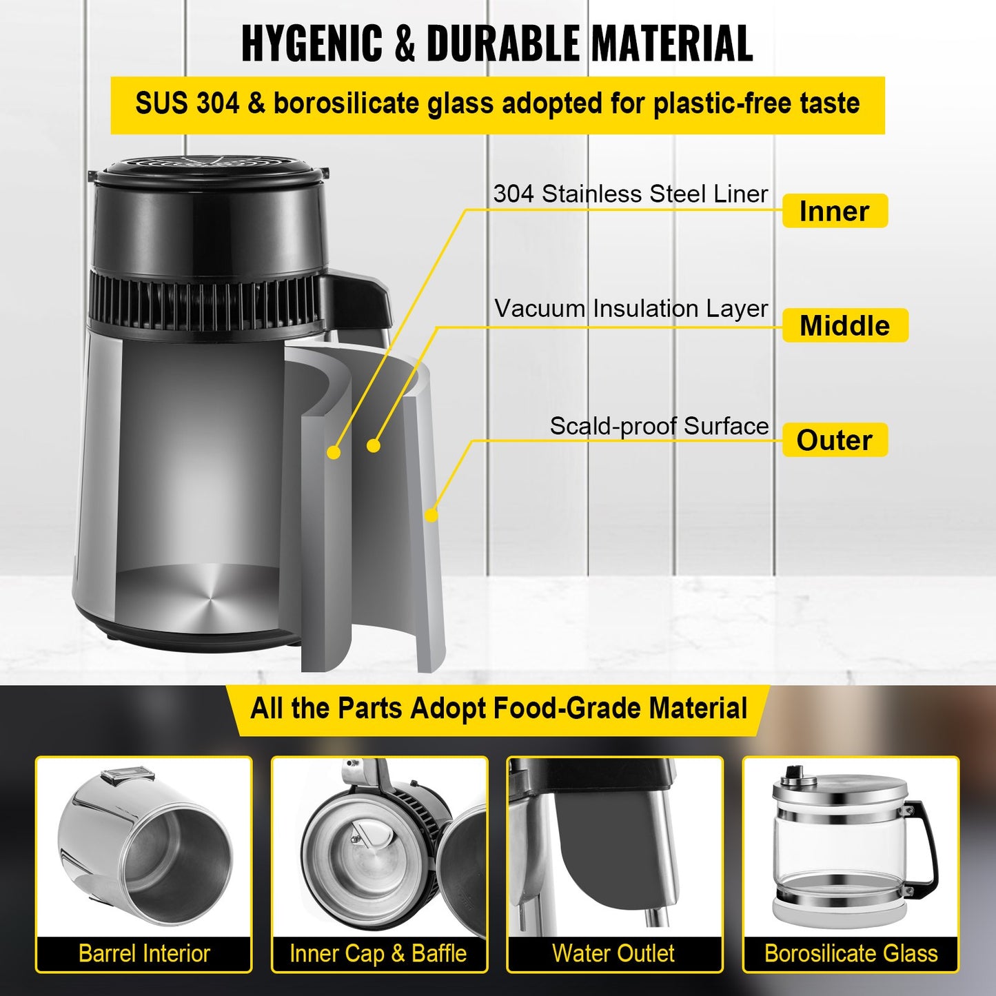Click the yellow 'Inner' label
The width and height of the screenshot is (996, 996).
coord(835,211)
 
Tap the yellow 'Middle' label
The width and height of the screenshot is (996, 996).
coord(845,325)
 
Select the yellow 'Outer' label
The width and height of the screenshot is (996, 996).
coord(835,440)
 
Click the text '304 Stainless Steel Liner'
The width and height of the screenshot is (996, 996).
coord(630,194)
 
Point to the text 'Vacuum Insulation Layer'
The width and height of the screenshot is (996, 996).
coord(631,308)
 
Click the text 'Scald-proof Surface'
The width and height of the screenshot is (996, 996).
coord(659,426)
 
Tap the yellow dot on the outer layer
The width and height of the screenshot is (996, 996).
coord(431,515)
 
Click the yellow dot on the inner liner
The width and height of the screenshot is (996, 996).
coord(334,452)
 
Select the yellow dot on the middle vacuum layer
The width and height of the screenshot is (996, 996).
coord(374,446)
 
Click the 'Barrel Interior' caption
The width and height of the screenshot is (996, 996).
coord(144,953)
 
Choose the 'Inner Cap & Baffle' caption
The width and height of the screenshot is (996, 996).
coord(378,953)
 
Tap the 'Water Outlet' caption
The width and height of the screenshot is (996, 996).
coord(613,953)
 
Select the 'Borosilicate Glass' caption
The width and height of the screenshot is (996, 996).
coord(851,953)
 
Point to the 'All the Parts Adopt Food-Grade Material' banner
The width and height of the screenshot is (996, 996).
coord(499,709)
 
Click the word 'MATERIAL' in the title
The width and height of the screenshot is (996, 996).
coord(672,43)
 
